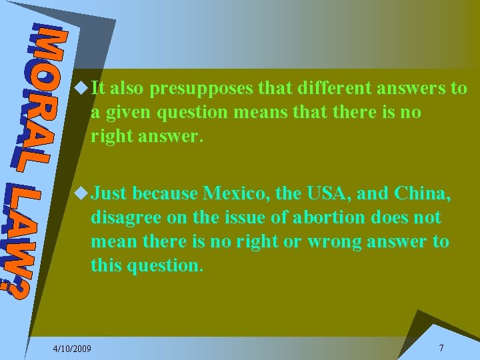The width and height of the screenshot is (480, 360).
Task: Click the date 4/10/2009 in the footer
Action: (x=73, y=349)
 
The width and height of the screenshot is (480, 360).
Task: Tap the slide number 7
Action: (x=441, y=349)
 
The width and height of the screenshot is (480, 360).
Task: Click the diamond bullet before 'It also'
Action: (x=81, y=87)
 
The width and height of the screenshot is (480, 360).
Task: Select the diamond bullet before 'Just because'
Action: (x=81, y=193)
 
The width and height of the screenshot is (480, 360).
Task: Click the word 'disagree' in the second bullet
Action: (x=125, y=218)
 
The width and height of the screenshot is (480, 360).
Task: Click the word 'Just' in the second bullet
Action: (x=109, y=194)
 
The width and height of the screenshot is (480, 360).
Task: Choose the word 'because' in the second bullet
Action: (x=165, y=194)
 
